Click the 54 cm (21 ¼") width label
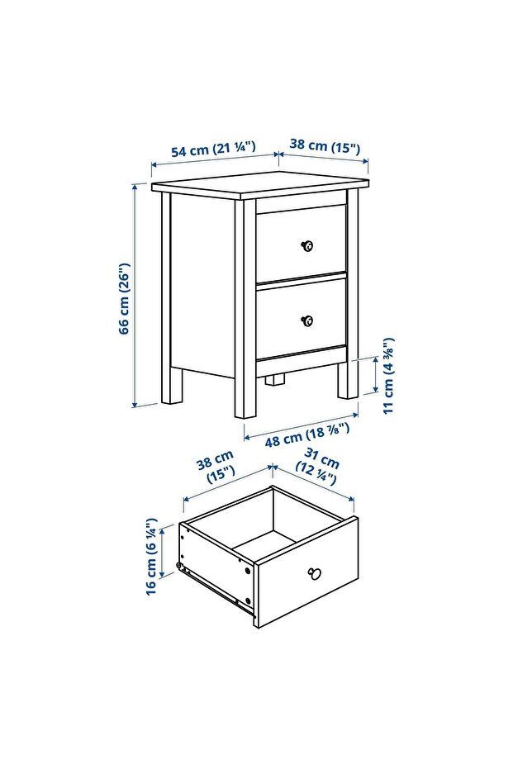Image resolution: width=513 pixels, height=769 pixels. tap(212, 150)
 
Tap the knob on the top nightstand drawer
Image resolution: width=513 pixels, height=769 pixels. tap(307, 245)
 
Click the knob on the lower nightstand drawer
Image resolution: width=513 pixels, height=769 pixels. tap(307, 320)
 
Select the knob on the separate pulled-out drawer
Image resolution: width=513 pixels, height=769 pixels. tap(313, 572)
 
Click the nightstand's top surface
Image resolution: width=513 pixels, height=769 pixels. tap(260, 185)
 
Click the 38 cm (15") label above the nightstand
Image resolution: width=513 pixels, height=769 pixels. tap(325, 148)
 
